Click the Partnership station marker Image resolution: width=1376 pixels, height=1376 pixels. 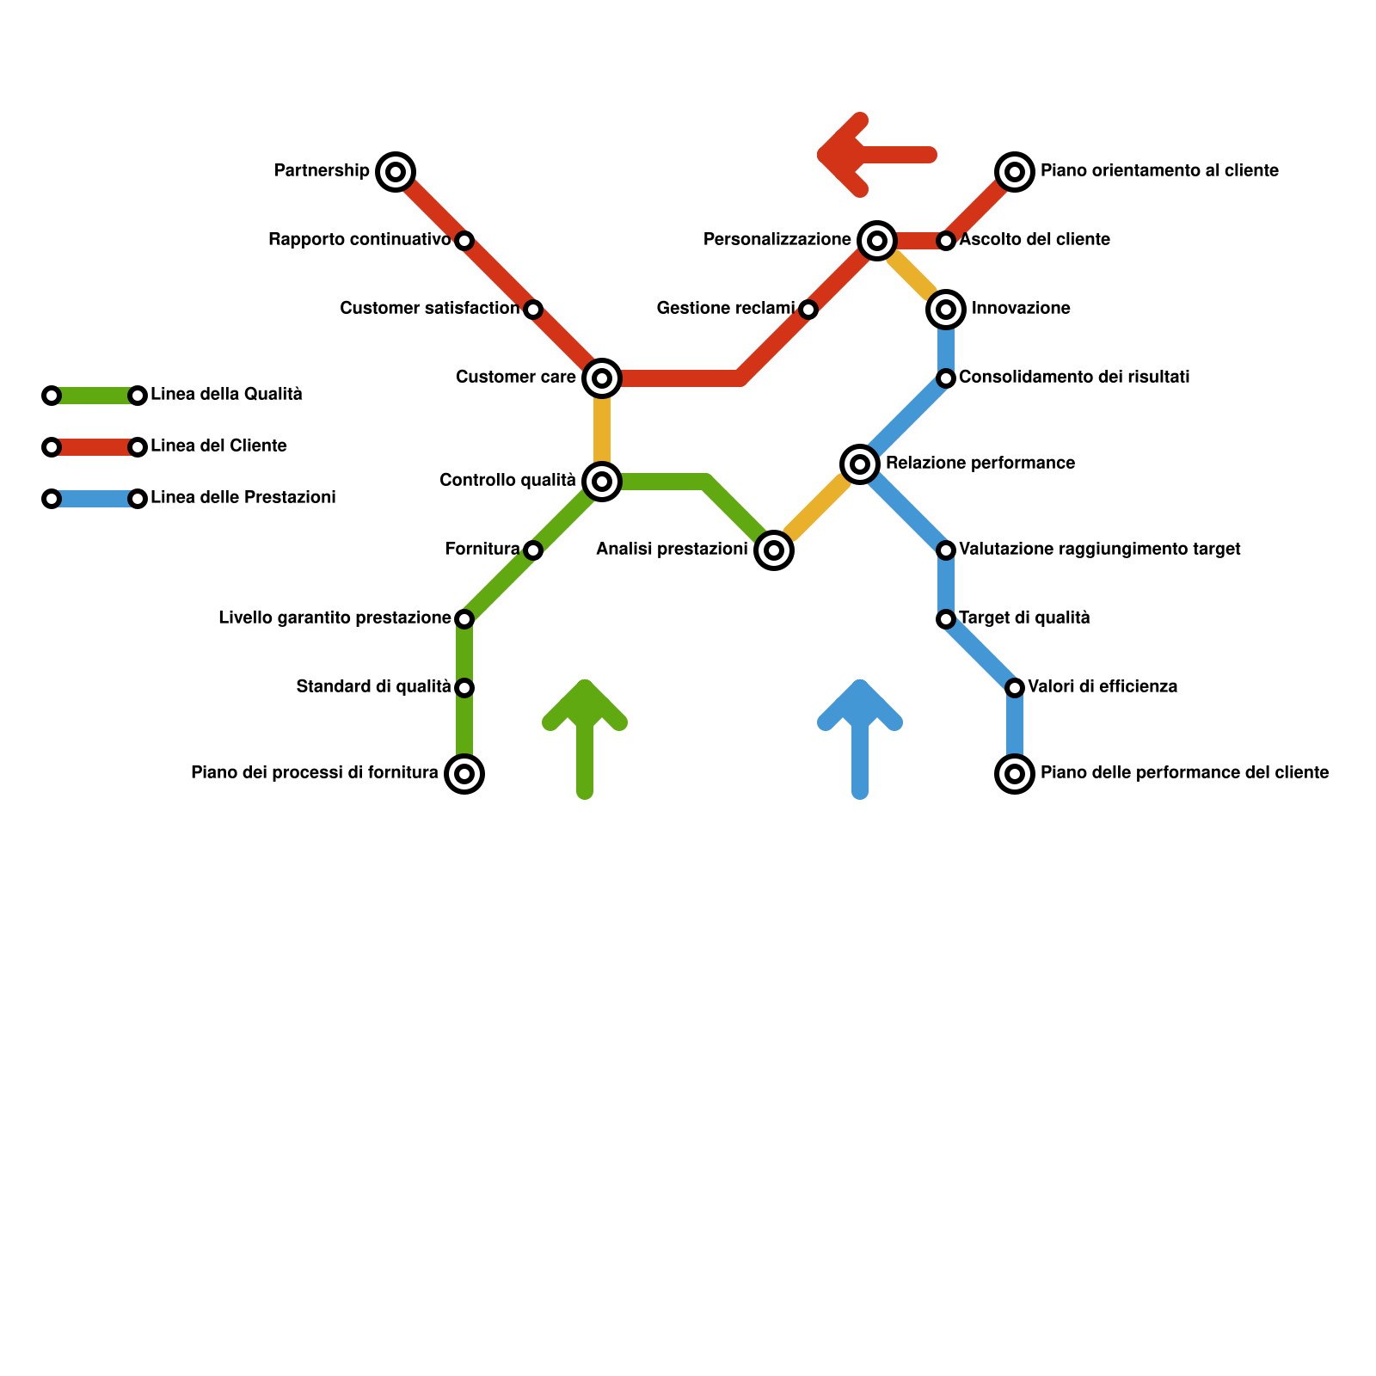click(x=396, y=172)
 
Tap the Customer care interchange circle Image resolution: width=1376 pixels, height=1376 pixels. click(x=602, y=378)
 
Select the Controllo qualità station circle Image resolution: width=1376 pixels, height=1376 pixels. click(x=602, y=482)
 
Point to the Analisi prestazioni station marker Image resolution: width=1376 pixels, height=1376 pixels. click(x=774, y=550)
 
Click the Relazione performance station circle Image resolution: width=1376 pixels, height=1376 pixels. click(x=860, y=464)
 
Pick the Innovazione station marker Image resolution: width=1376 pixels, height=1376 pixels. click(x=946, y=310)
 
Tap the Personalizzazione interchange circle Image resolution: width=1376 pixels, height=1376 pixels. click(x=877, y=241)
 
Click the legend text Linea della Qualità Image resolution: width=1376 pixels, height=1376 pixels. click(x=226, y=395)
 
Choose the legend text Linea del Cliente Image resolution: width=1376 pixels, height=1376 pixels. click(x=218, y=446)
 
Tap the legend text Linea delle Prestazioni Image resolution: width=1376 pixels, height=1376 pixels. click(x=243, y=498)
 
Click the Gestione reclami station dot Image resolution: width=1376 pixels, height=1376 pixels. click(x=808, y=310)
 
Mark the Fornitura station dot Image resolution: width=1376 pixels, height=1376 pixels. click(x=533, y=550)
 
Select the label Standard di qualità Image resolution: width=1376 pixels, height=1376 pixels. click(x=373, y=687)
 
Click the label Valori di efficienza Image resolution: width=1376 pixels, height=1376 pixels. click(x=1103, y=687)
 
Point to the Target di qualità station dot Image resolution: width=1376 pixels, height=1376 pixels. click(x=946, y=619)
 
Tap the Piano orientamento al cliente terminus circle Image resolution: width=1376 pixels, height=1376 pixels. click(x=1015, y=172)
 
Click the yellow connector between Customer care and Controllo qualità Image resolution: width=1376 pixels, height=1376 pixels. click(x=602, y=430)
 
